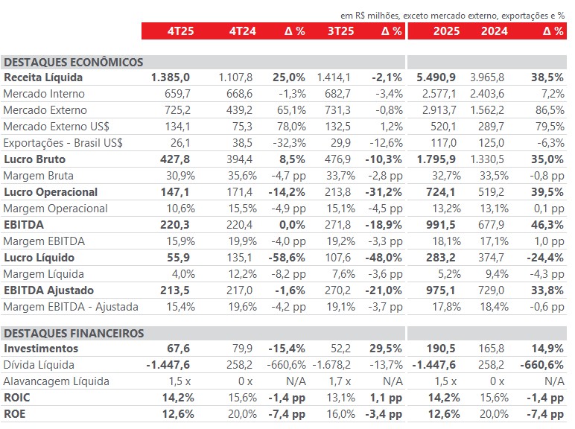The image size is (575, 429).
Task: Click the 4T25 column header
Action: click(x=177, y=31)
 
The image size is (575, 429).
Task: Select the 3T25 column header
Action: click(x=340, y=31)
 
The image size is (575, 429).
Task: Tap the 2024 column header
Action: click(x=495, y=31)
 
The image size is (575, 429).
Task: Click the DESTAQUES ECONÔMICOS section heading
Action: click(x=74, y=63)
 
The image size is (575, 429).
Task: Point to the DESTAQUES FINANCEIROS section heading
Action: click(x=74, y=334)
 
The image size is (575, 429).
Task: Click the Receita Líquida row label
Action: click(x=43, y=77)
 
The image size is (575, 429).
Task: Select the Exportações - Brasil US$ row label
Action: click(x=63, y=143)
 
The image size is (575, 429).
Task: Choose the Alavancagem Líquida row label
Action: click(x=57, y=381)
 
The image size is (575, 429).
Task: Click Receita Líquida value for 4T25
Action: click(x=171, y=77)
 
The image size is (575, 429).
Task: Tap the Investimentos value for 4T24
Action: click(x=244, y=349)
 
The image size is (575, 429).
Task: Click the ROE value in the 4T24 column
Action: click(x=241, y=414)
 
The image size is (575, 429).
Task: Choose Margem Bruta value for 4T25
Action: click(x=175, y=176)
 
